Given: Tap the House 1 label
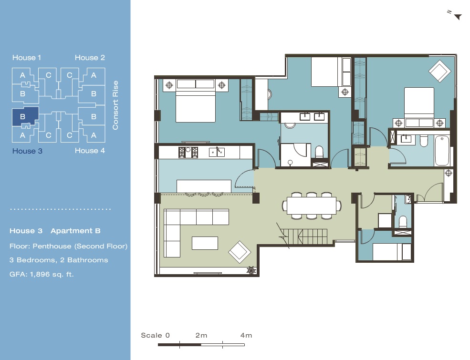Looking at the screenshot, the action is click(x=27, y=58).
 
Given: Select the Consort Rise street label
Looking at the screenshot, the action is click(x=115, y=105).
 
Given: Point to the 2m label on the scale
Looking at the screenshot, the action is click(x=201, y=335).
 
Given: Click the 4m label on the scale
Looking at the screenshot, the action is click(x=246, y=335).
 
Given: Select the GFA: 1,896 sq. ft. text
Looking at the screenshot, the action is click(x=42, y=274).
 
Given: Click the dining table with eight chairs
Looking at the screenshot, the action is click(x=312, y=206).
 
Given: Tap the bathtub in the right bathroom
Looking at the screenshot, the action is click(x=442, y=150).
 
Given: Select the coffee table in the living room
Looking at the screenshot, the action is click(x=205, y=243).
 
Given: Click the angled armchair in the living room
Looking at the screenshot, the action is click(x=240, y=252).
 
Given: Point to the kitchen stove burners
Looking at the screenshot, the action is click(x=188, y=152).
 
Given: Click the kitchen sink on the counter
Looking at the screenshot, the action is click(x=217, y=152).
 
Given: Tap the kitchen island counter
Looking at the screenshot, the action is click(x=204, y=186).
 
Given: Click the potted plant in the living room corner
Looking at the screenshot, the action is click(x=251, y=270).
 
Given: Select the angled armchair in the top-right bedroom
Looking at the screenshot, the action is click(x=440, y=71).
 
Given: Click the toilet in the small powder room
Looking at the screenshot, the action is click(x=403, y=222).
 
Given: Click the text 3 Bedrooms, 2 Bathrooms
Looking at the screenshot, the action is click(x=59, y=260).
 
